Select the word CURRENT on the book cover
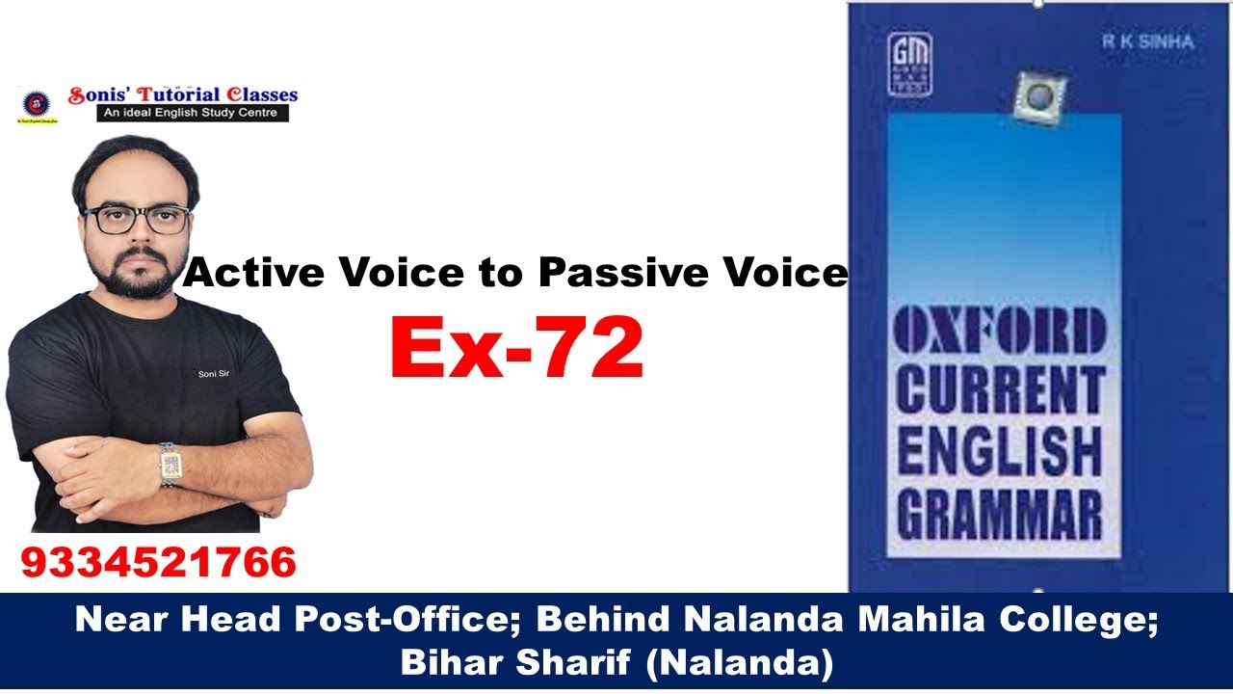click(1000, 389)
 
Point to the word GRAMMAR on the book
click(1000, 514)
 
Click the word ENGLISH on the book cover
click(1000, 451)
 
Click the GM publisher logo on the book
click(909, 65)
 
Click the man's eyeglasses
click(137, 220)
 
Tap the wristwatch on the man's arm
click(171, 465)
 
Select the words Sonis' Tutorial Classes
click(183, 95)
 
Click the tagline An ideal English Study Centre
click(193, 113)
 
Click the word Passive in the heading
click(618, 274)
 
